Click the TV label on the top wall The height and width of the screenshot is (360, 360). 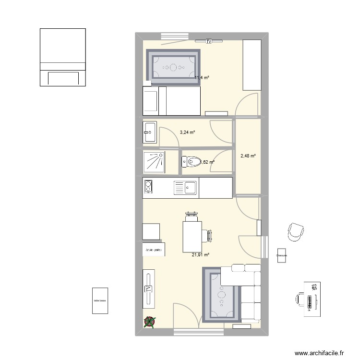[209, 42]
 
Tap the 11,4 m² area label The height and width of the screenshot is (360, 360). [202, 78]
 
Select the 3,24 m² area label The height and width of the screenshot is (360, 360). [187, 132]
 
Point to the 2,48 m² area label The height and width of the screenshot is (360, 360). [248, 156]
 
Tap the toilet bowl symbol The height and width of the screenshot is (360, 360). [192, 163]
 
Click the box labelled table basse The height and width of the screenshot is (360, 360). [100, 301]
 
